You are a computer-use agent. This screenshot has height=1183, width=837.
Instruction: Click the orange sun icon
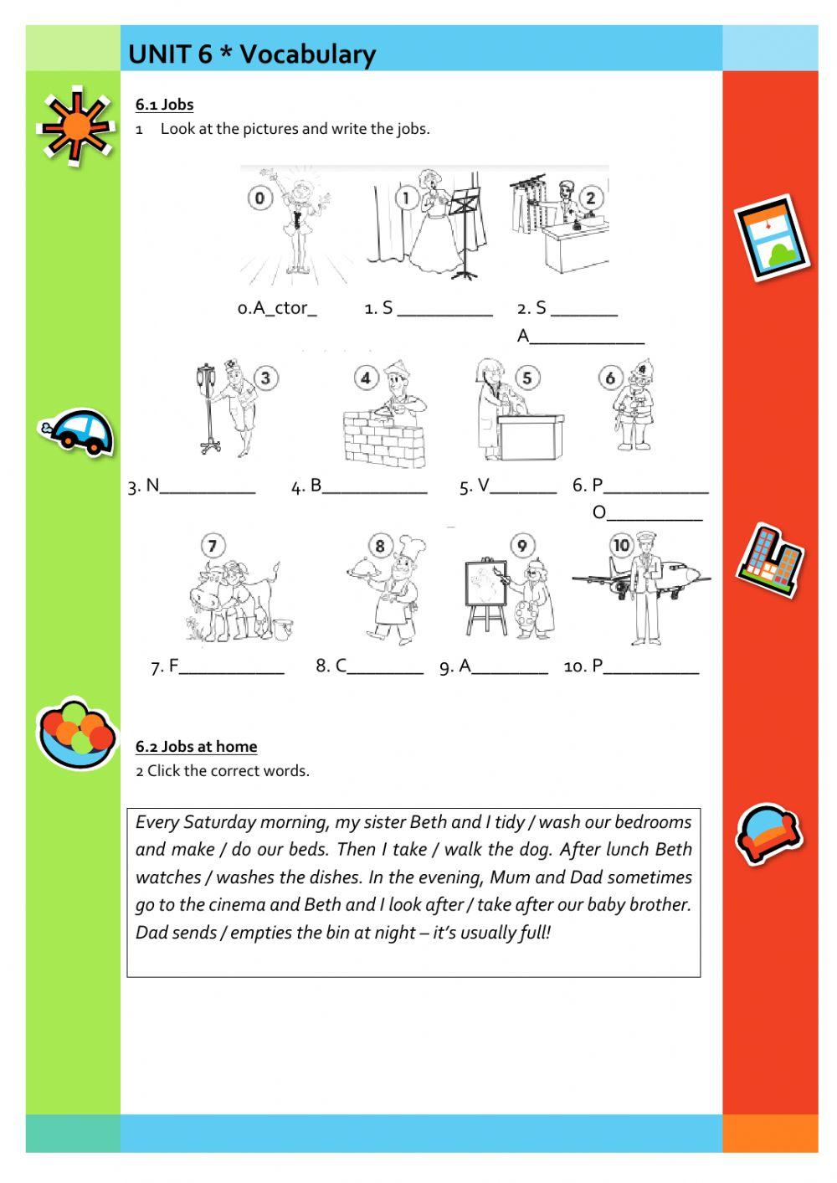(x=75, y=126)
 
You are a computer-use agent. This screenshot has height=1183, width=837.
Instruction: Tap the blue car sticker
(x=78, y=432)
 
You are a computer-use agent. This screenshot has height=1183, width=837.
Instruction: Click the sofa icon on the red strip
(x=768, y=832)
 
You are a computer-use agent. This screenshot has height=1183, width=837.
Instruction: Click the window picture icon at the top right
(x=773, y=238)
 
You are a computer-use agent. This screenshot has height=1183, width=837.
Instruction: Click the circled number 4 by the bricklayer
(x=365, y=378)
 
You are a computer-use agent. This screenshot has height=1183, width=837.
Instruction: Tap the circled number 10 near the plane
(x=621, y=546)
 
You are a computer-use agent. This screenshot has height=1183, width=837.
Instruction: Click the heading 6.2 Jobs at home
(x=197, y=746)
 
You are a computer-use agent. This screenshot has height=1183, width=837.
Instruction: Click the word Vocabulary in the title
(x=308, y=54)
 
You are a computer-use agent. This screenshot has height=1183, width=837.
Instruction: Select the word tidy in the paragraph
(x=509, y=822)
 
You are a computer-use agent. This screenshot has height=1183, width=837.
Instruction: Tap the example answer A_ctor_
(x=277, y=308)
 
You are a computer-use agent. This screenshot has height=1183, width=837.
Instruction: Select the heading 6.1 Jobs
(x=164, y=105)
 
